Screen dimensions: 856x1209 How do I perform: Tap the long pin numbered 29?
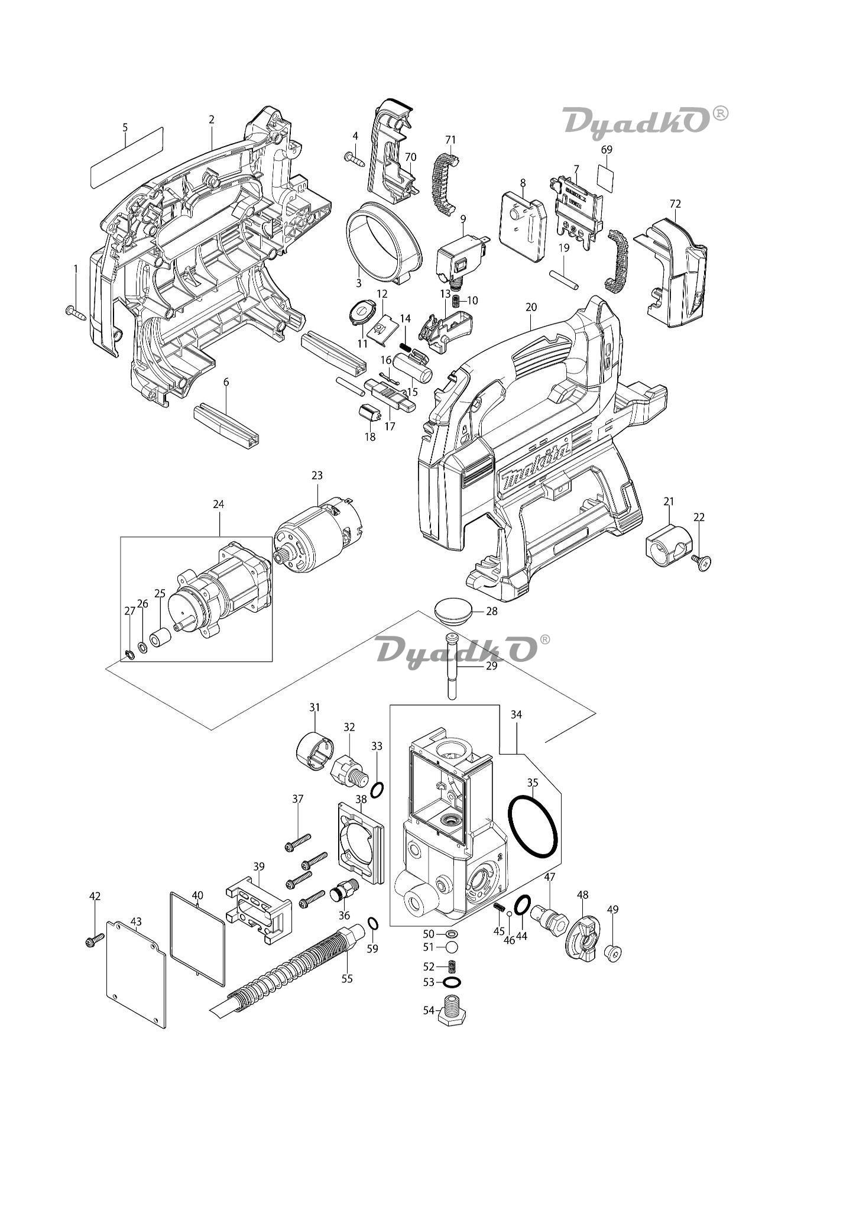tap(452, 667)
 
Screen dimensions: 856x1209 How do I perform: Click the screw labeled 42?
tap(94, 939)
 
